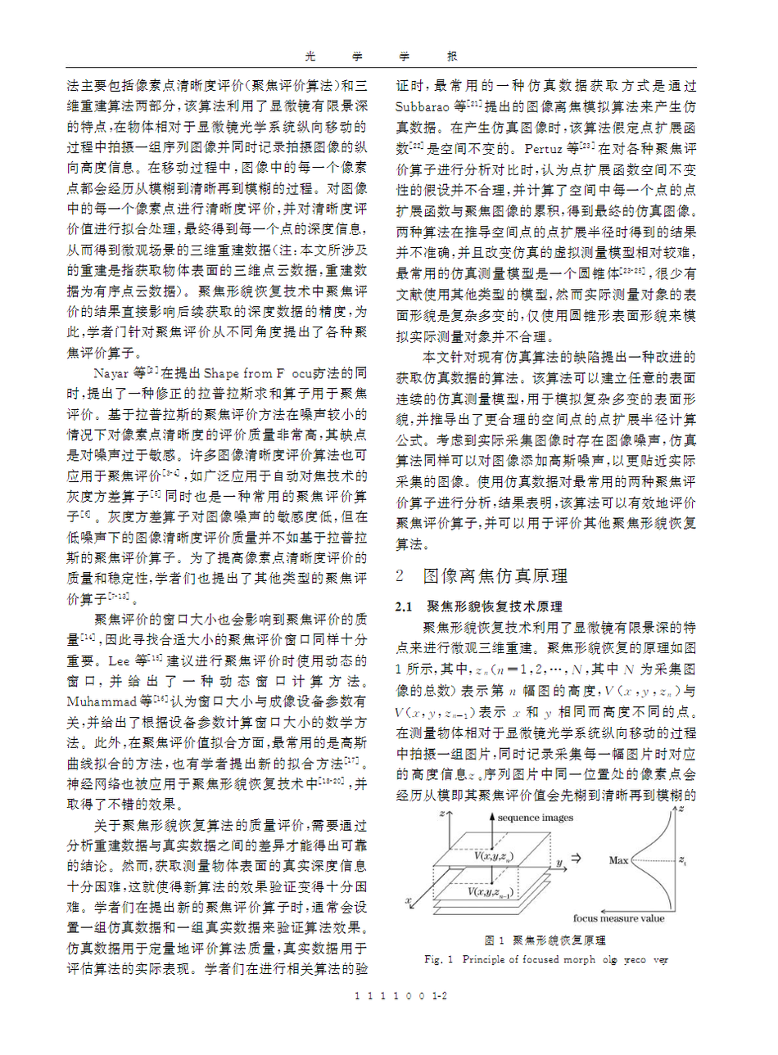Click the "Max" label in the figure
[x=618, y=860]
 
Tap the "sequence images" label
[x=536, y=818]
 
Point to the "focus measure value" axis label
[x=618, y=918]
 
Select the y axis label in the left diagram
[x=559, y=863]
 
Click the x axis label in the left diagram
[x=408, y=902]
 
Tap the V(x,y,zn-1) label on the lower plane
[x=490, y=891]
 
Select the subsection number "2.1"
[x=404, y=606]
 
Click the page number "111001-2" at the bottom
[x=400, y=997]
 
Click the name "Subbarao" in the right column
[x=423, y=106]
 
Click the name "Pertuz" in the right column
[x=543, y=149]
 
